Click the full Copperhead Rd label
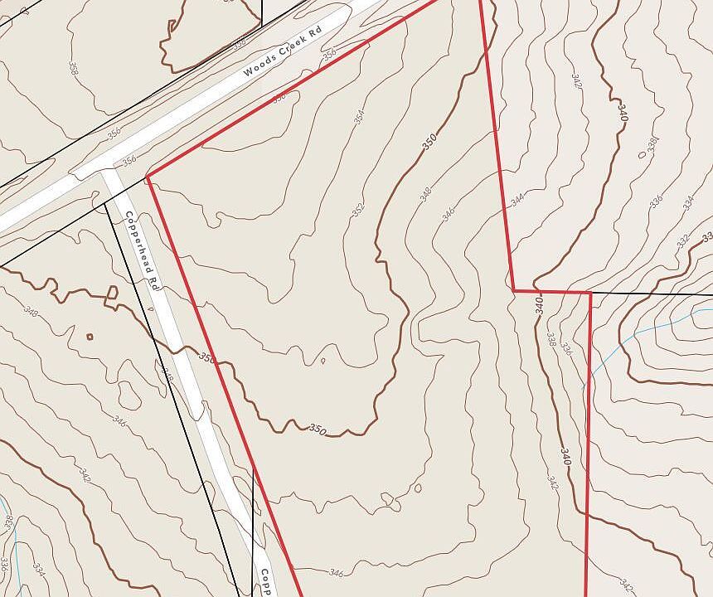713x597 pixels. click(x=141, y=249)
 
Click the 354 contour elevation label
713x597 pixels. click(x=359, y=116)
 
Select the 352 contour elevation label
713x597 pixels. click(x=358, y=208)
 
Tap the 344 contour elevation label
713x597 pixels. click(x=517, y=200)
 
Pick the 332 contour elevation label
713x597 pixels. click(x=682, y=240)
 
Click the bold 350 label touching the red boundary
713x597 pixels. click(x=207, y=358)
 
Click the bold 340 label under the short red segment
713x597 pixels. click(x=539, y=304)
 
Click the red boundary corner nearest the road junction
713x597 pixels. click(x=148, y=177)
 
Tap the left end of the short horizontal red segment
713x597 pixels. click(x=513, y=291)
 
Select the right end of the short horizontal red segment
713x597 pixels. click(x=590, y=292)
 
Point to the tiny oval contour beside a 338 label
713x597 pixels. click(x=641, y=154)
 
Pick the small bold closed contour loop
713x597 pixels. click(x=90, y=336)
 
